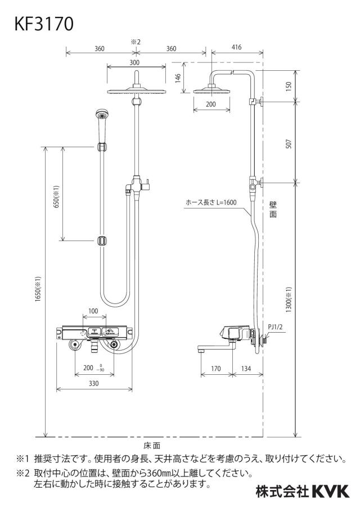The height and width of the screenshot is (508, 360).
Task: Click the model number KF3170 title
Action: pyautogui.click(x=44, y=24)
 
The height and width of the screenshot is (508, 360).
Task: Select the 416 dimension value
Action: pyautogui.click(x=236, y=47)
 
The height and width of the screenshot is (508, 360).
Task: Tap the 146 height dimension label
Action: pyautogui.click(x=178, y=79)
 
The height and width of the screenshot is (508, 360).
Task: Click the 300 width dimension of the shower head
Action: pyautogui.click(x=134, y=62)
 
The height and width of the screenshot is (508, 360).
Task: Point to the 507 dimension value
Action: pyautogui.click(x=289, y=143)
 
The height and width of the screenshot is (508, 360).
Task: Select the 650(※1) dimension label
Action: pyautogui.click(x=56, y=197)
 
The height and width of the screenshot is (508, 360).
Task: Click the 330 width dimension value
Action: pyautogui.click(x=93, y=384)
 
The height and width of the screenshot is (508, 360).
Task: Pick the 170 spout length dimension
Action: pyautogui.click(x=215, y=369)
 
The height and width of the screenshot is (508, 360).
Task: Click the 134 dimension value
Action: pyautogui.click(x=246, y=369)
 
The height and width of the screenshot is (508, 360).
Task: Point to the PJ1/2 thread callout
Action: pyautogui.click(x=275, y=327)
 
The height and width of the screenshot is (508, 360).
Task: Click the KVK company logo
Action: pyautogui.click(x=331, y=492)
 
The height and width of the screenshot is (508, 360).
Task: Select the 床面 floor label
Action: pyautogui.click(x=152, y=446)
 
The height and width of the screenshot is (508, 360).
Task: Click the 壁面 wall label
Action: pyautogui.click(x=273, y=209)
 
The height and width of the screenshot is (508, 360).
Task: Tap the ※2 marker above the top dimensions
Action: pyautogui.click(x=135, y=42)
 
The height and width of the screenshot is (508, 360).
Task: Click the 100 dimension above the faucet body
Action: pyautogui.click(x=93, y=311)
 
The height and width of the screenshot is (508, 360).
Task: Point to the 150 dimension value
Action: pyautogui.click(x=289, y=86)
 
